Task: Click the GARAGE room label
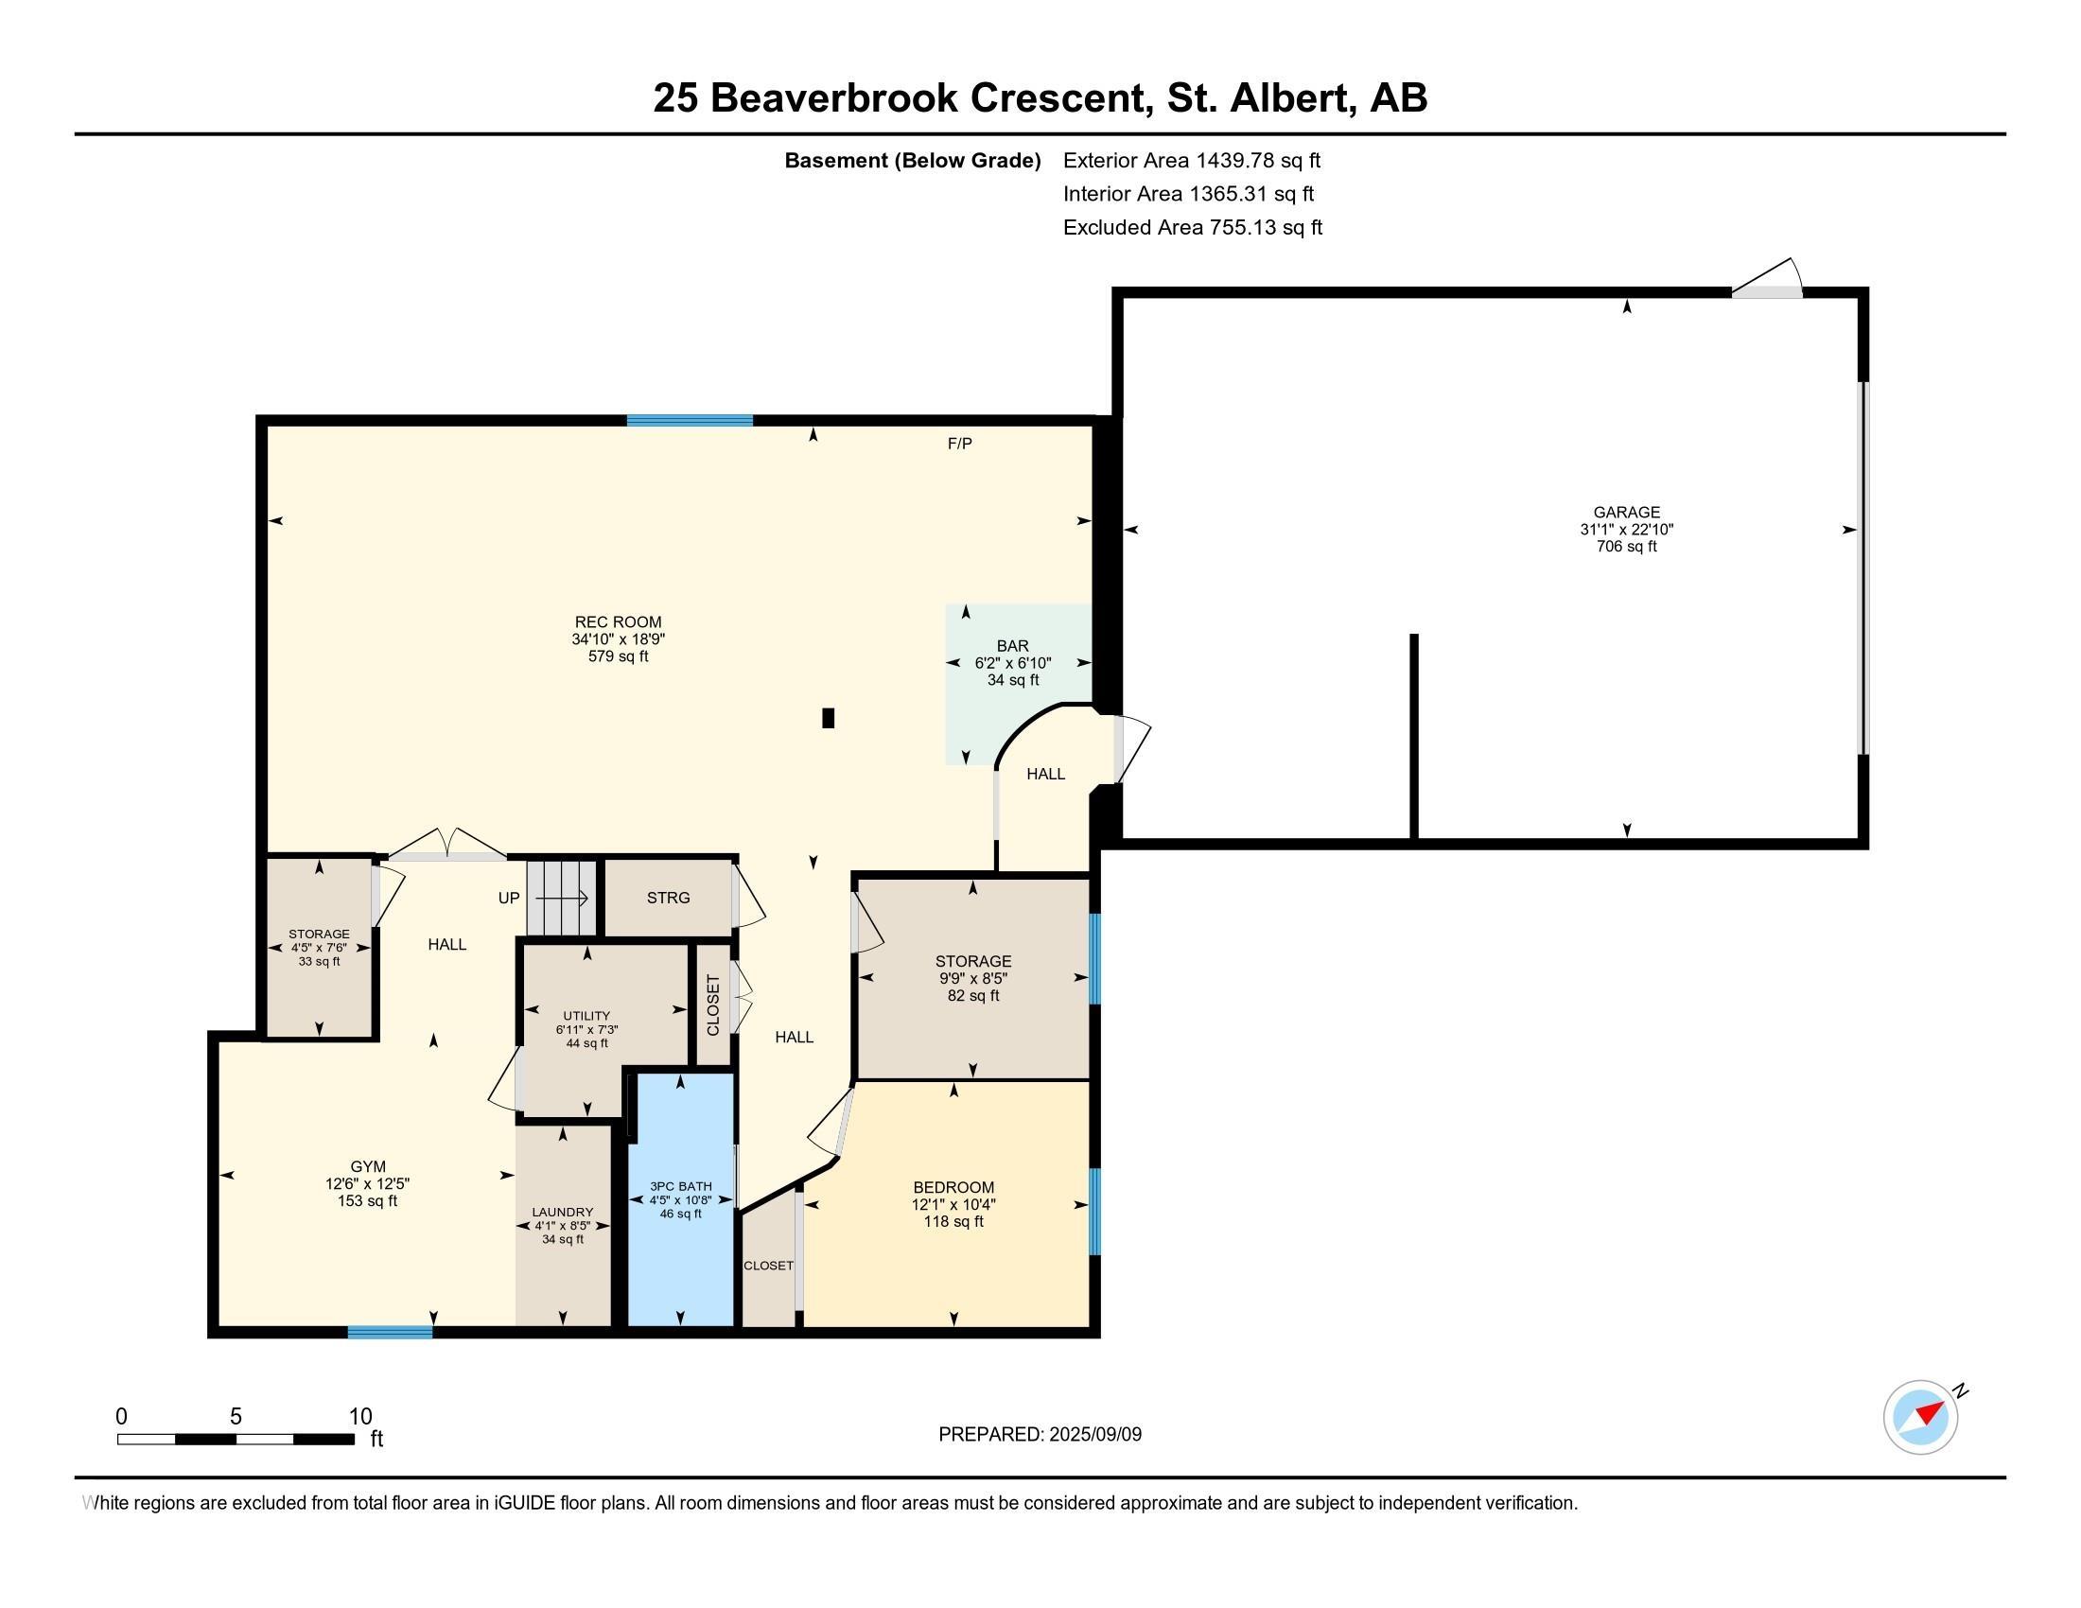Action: [1627, 513]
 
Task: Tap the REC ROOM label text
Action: [618, 622]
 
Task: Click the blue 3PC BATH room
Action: [680, 1198]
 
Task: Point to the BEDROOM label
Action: [953, 1187]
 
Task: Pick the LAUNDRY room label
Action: [562, 1213]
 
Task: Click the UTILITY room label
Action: [586, 1016]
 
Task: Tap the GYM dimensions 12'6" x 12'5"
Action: [368, 1184]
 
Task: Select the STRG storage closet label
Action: [668, 898]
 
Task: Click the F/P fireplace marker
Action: [959, 443]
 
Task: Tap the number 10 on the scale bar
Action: [360, 1416]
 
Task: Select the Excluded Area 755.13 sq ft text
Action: [1193, 227]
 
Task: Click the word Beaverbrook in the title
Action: [833, 97]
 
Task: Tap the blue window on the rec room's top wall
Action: [690, 420]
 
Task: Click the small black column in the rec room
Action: [828, 717]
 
